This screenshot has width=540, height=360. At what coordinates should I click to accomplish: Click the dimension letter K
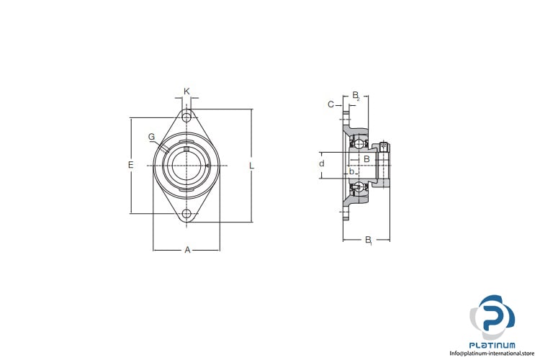[186, 91]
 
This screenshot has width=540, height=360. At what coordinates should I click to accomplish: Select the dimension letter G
[151, 137]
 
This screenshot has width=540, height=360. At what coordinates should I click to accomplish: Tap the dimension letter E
[130, 165]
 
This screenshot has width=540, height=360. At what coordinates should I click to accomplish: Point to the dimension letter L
[252, 166]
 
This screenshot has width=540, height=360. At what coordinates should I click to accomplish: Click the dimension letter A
[187, 249]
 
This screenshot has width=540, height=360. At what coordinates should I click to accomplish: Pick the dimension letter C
[330, 104]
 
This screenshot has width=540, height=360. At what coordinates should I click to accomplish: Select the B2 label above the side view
[356, 96]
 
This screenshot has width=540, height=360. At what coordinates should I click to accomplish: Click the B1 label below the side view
[369, 240]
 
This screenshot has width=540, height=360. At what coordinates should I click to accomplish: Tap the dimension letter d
[322, 163]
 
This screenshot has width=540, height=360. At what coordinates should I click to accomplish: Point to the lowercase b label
[351, 171]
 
